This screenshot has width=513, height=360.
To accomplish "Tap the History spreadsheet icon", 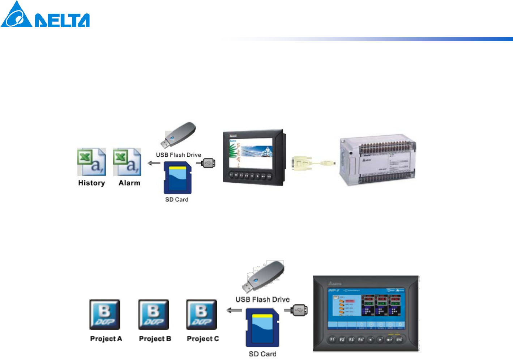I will click(91, 162).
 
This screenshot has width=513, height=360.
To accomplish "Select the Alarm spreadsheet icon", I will click(127, 162).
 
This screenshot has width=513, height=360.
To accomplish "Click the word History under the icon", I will click(91, 183).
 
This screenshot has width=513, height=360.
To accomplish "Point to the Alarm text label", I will click(129, 183).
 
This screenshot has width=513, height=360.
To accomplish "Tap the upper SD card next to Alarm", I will click(177, 178).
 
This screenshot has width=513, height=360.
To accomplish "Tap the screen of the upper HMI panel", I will click(251, 152).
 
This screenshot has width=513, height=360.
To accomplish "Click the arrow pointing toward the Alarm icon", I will click(154, 163).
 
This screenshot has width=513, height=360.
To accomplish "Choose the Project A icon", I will click(105, 314).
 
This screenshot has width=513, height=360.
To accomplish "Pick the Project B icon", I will click(154, 314).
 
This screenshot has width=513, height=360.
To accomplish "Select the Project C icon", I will click(202, 314).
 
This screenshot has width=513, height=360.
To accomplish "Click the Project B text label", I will click(155, 339).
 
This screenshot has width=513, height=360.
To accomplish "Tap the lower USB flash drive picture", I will click(265, 277).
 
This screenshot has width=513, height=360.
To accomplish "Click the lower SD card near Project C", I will click(262, 327).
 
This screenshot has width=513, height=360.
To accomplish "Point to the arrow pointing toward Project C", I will click(234, 310).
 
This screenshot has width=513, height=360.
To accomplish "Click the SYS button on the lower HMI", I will click(399, 340).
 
